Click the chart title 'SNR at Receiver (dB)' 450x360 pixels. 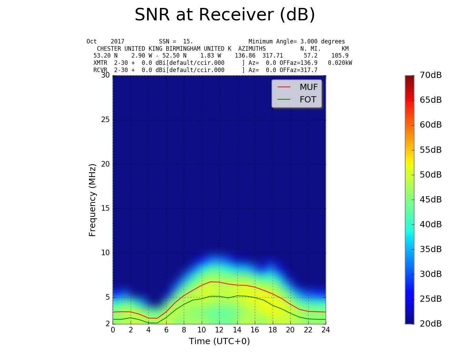pos(225,15)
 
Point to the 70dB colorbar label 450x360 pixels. pos(430,75)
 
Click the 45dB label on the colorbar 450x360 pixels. pos(430,200)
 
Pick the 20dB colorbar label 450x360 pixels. pos(430,324)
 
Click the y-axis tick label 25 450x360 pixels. pos(105,120)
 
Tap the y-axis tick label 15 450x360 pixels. pos(105,209)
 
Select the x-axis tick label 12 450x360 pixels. pos(219,330)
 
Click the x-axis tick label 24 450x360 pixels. pos(326,330)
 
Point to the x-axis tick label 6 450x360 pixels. pos(166,330)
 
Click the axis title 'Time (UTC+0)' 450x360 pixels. pos(219,341)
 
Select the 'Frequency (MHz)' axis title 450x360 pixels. pos(92,200)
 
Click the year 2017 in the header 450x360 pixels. pos(117,42)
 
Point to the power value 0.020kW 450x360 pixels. pos(340,63)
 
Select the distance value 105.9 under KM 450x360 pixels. pos(340,56)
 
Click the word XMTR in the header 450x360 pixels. pos(100,63)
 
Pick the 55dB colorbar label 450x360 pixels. pos(430,150)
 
